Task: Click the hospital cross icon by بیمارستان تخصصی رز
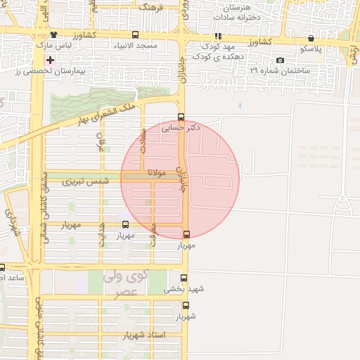(50, 60)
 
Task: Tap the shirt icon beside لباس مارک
(53, 34)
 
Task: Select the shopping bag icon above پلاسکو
(311, 39)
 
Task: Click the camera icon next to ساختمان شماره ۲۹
(281, 60)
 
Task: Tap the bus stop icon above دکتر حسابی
(181, 117)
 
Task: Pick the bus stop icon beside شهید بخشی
(185, 278)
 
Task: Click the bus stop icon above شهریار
(186, 305)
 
